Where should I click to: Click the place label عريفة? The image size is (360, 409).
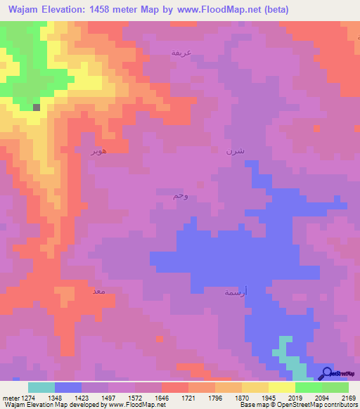181,53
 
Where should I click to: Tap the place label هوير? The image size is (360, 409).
98,151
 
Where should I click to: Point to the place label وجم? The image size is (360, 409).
181,195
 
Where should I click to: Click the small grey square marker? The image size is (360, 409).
37,108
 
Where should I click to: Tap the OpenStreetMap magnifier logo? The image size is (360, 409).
326,373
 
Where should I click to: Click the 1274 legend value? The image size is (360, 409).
27,398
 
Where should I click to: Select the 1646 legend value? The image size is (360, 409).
160,398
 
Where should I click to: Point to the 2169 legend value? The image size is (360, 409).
349,398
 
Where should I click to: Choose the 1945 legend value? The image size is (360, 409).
267,398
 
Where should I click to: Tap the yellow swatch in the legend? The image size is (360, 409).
281,387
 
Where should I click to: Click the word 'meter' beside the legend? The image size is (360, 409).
8,398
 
